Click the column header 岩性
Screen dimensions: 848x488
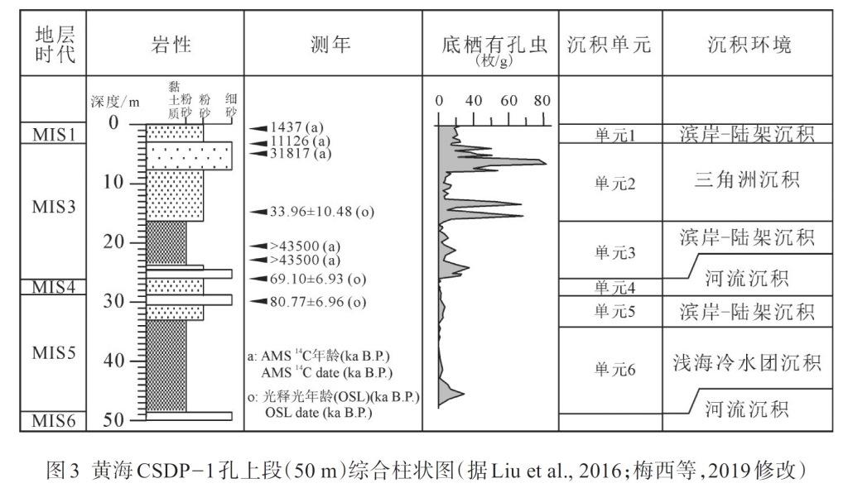click(171, 45)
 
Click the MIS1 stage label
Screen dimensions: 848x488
click(54, 134)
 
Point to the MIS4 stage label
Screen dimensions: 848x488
click(54, 287)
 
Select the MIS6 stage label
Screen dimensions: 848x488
click(54, 421)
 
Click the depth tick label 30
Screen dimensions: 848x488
click(113, 301)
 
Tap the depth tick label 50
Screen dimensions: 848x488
click(113, 420)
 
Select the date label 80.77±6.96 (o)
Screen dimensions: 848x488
click(316, 302)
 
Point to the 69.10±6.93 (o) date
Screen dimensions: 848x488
click(316, 278)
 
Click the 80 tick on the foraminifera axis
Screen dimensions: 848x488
click(542, 101)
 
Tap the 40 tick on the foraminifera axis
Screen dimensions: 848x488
click(474, 101)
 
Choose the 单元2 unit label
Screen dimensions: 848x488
click(614, 184)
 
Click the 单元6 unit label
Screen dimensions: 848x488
click(614, 370)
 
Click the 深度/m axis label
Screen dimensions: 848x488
click(116, 102)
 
